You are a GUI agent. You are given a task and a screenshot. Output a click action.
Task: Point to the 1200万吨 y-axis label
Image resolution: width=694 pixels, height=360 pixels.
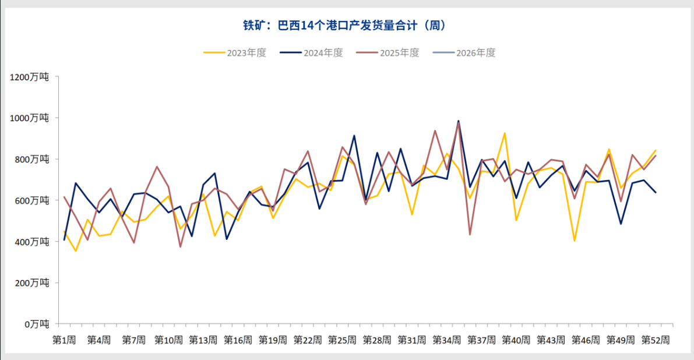(x=29, y=77)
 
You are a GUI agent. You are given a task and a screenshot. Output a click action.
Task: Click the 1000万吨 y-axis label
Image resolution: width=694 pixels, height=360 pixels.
(x=29, y=118)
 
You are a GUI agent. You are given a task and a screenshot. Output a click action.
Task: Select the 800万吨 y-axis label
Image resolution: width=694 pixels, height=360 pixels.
(x=31, y=159)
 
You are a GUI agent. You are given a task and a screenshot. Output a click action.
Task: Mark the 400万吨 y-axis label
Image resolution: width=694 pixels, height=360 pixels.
(x=31, y=241)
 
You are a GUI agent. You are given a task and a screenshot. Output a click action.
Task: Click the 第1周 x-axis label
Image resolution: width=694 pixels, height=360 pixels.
(x=64, y=340)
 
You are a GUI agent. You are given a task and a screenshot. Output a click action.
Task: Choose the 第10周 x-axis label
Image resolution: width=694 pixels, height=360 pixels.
(x=168, y=340)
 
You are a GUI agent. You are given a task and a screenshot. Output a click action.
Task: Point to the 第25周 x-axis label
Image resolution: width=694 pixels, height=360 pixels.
(x=342, y=340)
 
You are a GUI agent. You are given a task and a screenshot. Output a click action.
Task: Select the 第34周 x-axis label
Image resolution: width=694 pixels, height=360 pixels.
(x=446, y=340)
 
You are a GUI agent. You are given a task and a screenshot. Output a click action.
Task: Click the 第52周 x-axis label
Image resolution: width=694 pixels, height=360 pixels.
(x=655, y=340)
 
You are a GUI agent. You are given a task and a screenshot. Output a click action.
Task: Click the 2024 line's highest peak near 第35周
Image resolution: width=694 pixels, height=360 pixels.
(x=458, y=121)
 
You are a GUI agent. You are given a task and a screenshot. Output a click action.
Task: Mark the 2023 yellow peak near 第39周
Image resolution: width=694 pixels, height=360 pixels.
(x=505, y=133)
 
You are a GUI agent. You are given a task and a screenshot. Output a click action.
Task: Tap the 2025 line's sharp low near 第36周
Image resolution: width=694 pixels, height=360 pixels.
(x=470, y=234)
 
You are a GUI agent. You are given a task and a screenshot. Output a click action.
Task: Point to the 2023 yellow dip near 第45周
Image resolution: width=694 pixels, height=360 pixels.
(x=574, y=241)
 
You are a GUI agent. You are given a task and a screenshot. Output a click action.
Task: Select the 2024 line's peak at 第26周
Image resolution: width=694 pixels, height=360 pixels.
(x=354, y=136)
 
